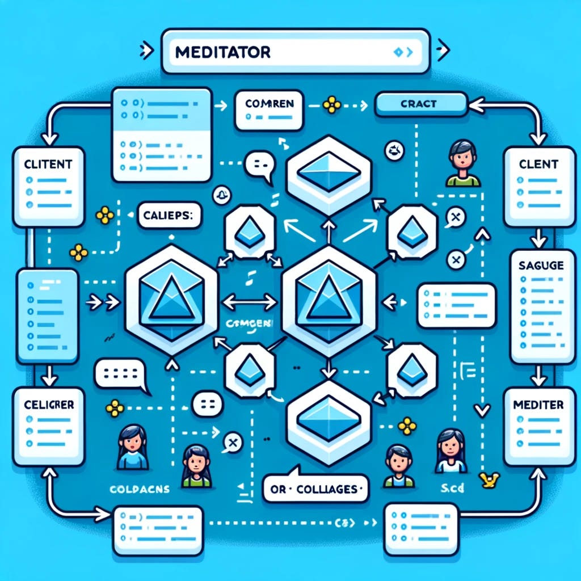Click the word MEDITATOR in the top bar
[x=222, y=53]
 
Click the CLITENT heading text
[x=48, y=165]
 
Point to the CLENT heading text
[x=538, y=165]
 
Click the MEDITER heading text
[x=537, y=405]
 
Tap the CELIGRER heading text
[x=48, y=406]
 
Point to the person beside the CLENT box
[x=463, y=163]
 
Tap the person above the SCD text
[x=452, y=451]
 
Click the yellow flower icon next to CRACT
[x=331, y=104]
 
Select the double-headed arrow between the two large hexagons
[x=245, y=302]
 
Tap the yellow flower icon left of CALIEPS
[x=104, y=214]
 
